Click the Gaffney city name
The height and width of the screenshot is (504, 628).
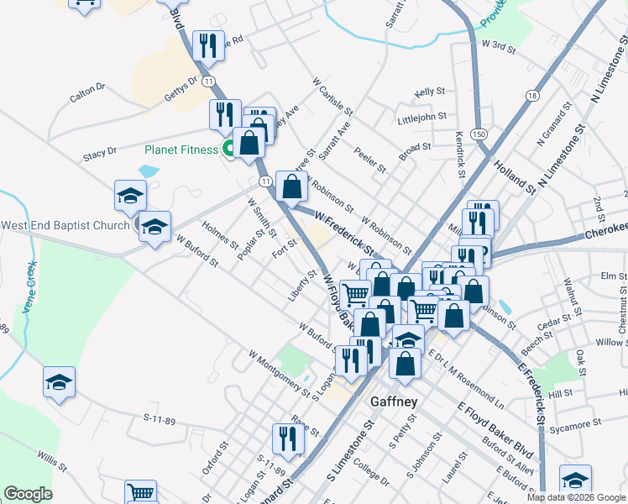(x=394, y=402)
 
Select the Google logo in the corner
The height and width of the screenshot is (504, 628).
(x=28, y=494)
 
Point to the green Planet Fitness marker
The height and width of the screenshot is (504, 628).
(x=228, y=150)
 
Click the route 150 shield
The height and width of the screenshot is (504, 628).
(x=478, y=134)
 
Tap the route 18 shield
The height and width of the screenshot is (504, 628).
(x=531, y=97)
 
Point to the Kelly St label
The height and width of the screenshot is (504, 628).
(x=429, y=92)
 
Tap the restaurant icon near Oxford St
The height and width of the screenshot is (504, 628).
(x=287, y=438)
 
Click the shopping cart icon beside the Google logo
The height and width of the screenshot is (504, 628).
(x=139, y=492)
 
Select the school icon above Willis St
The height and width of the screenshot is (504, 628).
(x=59, y=382)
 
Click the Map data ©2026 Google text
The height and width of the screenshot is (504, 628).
(x=576, y=497)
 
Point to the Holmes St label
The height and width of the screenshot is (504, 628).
(x=219, y=234)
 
